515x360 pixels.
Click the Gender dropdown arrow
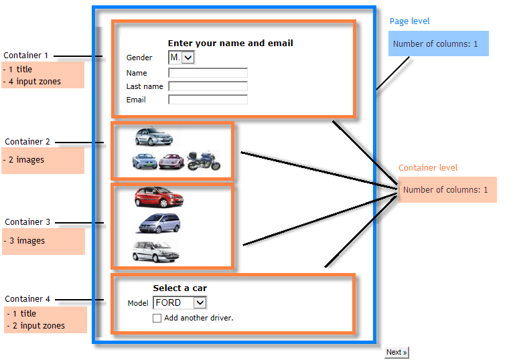pyautogui.click(x=188, y=58)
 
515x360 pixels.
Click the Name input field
pyautogui.click(x=208, y=73)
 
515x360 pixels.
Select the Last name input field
pyautogui.click(x=208, y=86)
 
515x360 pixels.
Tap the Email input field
pyautogui.click(x=208, y=100)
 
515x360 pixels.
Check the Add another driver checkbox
pyautogui.click(x=157, y=319)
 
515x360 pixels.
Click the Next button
pyautogui.click(x=396, y=352)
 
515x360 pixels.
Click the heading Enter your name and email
pyautogui.click(x=230, y=43)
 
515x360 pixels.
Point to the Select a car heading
pyautogui.click(x=179, y=288)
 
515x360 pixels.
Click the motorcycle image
pyautogui.click(x=204, y=160)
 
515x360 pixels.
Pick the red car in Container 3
pyautogui.click(x=158, y=197)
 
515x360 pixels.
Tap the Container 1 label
pyautogui.click(x=26, y=56)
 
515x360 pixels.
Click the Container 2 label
pyautogui.click(x=27, y=142)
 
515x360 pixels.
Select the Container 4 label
pyautogui.click(x=27, y=299)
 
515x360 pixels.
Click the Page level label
pyautogui.click(x=410, y=21)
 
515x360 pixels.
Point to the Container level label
pyautogui.click(x=428, y=168)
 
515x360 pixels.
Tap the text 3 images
pyautogui.click(x=27, y=241)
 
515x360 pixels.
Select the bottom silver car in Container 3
pyautogui.click(x=155, y=251)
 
